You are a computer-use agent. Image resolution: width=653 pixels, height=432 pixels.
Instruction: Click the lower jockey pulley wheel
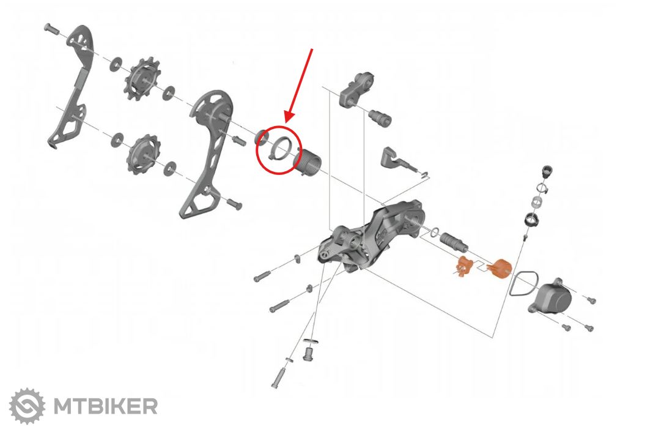[x=144, y=154]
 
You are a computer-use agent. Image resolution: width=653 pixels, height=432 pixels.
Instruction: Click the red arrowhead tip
[x=287, y=122]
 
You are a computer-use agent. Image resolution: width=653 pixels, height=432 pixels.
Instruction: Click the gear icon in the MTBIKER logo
[x=28, y=406]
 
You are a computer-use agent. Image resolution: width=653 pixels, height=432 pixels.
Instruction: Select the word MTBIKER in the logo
[x=106, y=406]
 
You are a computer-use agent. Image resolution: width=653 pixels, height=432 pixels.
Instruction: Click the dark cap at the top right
[x=547, y=171]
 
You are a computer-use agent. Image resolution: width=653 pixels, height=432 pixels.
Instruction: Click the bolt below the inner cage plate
[x=234, y=203]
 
